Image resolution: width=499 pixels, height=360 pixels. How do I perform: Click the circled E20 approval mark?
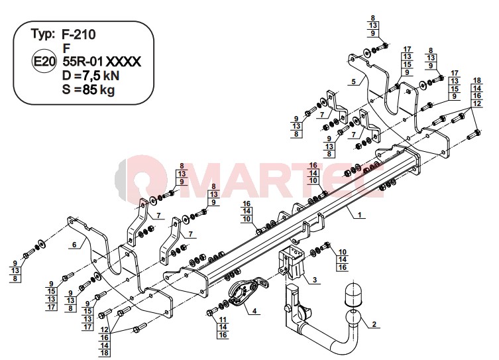[x=44, y=62]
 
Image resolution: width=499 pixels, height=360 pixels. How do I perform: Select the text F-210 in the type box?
[x=78, y=34]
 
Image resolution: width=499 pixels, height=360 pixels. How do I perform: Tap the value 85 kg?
[x=98, y=90]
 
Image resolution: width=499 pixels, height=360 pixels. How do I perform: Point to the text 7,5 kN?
[x=101, y=76]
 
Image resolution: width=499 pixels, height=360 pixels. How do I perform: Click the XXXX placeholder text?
[x=123, y=62]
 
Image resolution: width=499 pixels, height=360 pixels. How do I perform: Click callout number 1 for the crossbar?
[x=360, y=215]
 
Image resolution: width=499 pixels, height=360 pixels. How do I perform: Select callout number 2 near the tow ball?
[x=374, y=324]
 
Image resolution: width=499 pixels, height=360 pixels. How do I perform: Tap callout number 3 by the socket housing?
[x=315, y=280]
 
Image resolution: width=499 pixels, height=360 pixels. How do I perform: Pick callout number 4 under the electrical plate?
[x=254, y=311]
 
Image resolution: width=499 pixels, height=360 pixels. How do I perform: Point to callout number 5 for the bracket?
[x=354, y=82]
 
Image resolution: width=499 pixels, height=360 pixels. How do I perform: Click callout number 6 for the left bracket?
[x=74, y=245]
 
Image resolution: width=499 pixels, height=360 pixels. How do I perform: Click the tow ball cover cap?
[x=353, y=295]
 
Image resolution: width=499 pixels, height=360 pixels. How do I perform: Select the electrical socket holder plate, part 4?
[x=247, y=292]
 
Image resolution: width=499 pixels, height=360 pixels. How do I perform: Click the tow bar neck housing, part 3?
[x=291, y=263]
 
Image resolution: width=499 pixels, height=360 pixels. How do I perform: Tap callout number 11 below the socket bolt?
[x=223, y=320]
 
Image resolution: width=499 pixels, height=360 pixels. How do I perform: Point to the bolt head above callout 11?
[x=209, y=312]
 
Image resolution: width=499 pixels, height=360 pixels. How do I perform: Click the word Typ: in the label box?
[x=43, y=34]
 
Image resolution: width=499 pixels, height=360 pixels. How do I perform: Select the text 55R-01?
[x=83, y=62]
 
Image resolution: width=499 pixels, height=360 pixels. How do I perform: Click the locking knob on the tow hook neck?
[x=288, y=308]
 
